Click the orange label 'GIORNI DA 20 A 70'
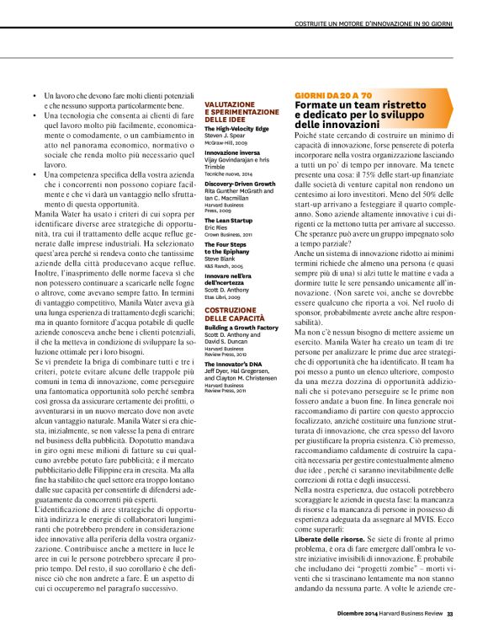click(333, 96)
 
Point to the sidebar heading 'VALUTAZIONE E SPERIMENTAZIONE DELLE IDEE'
click(241, 112)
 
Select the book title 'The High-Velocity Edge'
click(237, 128)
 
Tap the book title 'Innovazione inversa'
click(233, 152)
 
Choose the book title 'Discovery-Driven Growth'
click(240, 183)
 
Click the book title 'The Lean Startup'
click(230, 219)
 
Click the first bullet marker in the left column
click(34, 98)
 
